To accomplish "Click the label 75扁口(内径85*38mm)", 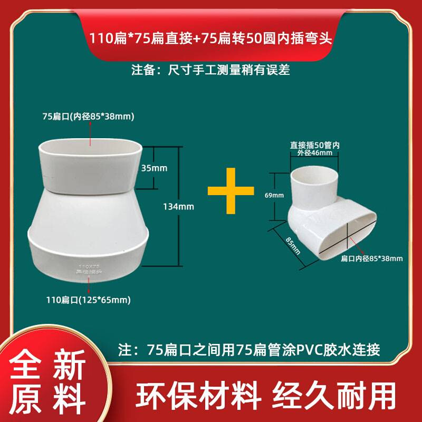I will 88,116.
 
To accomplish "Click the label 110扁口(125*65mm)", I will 88,300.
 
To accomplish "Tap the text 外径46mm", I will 311,154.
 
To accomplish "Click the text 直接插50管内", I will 311,145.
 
